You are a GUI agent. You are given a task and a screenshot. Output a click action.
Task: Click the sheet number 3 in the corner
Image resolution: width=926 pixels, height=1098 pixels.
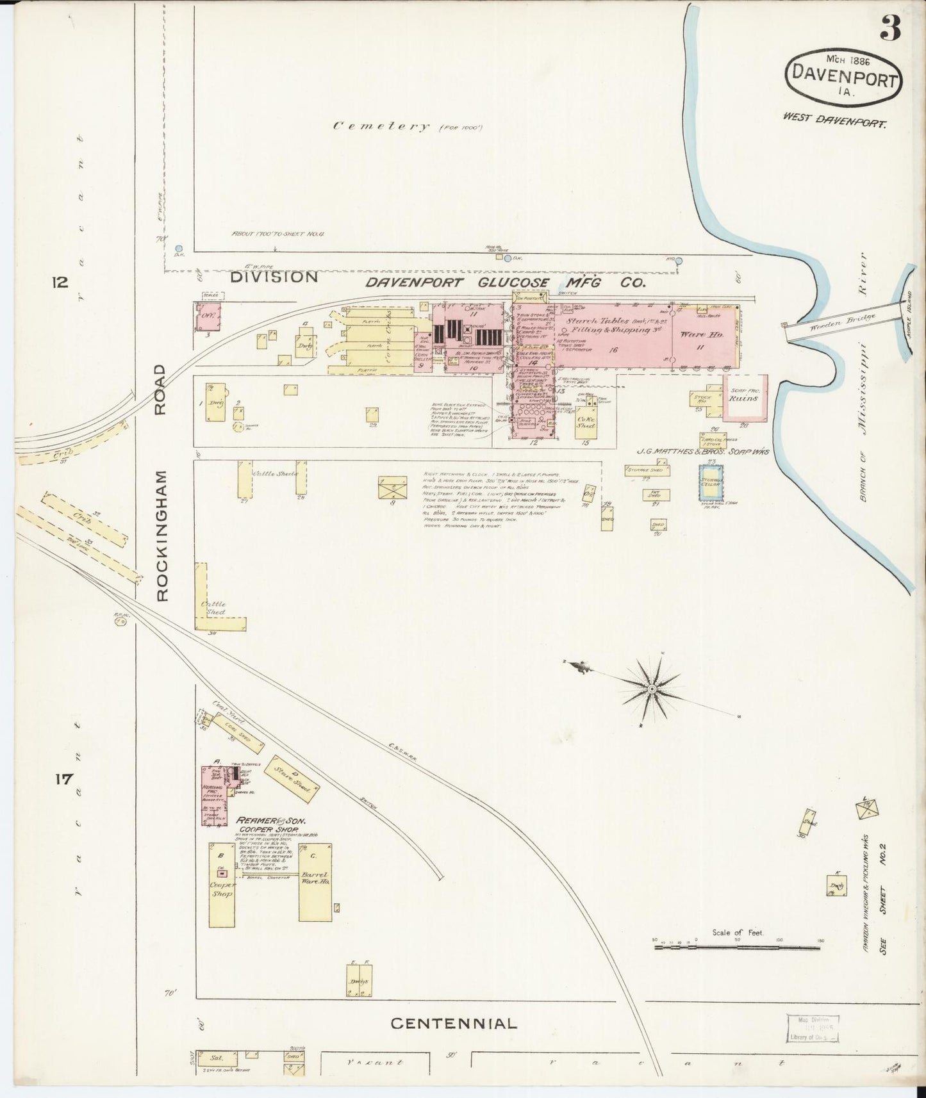891,29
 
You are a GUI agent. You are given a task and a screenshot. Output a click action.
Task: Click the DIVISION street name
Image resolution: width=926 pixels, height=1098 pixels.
274,277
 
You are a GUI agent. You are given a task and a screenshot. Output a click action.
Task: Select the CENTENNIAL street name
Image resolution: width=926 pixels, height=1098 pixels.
454,1023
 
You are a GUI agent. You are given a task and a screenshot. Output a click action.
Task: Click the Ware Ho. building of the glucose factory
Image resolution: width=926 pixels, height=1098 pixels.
703,336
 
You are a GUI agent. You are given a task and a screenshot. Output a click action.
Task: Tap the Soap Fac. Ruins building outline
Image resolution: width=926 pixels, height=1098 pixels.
743,398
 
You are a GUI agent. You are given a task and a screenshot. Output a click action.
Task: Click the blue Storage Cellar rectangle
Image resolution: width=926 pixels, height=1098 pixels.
711,482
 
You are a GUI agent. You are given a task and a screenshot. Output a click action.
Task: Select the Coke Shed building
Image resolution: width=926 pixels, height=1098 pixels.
586,423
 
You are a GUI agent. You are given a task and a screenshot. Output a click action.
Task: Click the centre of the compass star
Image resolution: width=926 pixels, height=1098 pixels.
652,689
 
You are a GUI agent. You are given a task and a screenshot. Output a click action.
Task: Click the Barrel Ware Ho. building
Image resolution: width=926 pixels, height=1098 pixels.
315,881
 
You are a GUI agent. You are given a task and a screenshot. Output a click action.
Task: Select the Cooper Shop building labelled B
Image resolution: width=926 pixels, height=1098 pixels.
221,884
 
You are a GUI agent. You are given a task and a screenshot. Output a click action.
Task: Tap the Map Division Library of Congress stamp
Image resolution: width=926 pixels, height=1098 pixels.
812,1028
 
